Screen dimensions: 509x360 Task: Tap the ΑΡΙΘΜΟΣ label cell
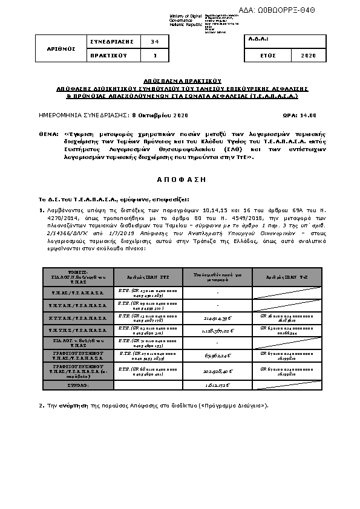(63, 48)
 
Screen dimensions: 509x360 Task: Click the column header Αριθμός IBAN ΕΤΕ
(148, 275)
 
